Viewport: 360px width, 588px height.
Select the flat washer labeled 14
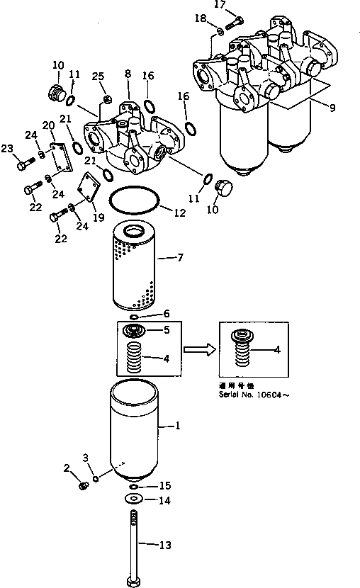[x=133, y=500]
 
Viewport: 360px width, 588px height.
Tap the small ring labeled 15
[x=134, y=487]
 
